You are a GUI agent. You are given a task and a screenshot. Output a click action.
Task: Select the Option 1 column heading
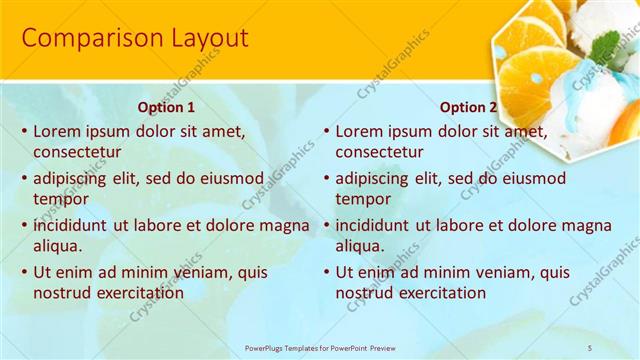tap(166, 107)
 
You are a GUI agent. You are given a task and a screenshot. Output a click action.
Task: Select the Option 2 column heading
tap(468, 107)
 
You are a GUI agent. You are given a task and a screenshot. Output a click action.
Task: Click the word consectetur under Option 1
tap(77, 152)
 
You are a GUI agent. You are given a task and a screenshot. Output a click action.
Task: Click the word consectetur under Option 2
tap(379, 152)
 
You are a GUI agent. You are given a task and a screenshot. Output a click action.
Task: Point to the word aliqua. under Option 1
tap(58, 246)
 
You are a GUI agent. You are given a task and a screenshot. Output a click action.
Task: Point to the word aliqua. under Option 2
tap(360, 246)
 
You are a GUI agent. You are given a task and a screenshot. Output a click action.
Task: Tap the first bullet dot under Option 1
tap(23, 131)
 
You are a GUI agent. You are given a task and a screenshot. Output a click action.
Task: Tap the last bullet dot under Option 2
tap(325, 272)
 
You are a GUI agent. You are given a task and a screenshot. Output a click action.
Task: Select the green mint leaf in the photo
tap(605, 45)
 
